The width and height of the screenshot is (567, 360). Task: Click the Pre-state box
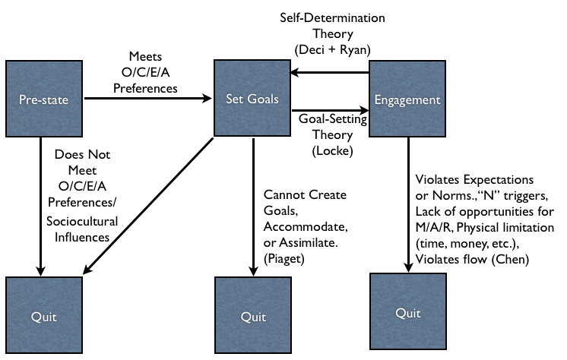(43, 99)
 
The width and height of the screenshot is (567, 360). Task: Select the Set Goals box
(252, 99)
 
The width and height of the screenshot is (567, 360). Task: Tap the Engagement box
(407, 99)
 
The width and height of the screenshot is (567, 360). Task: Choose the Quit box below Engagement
(407, 311)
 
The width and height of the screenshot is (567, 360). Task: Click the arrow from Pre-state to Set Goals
(144, 98)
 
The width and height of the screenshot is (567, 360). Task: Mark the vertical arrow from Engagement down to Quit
(407, 201)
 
